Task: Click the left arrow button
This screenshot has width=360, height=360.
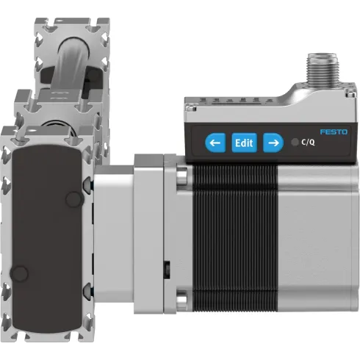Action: (215, 142)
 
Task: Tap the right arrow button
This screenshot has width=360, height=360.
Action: (272, 142)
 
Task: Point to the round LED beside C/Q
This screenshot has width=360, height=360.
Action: (295, 143)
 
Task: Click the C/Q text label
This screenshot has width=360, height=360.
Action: (309, 143)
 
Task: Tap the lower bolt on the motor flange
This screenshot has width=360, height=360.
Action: (182, 300)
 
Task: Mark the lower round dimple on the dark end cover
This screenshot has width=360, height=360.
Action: (21, 274)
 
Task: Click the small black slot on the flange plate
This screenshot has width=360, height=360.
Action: (168, 266)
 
